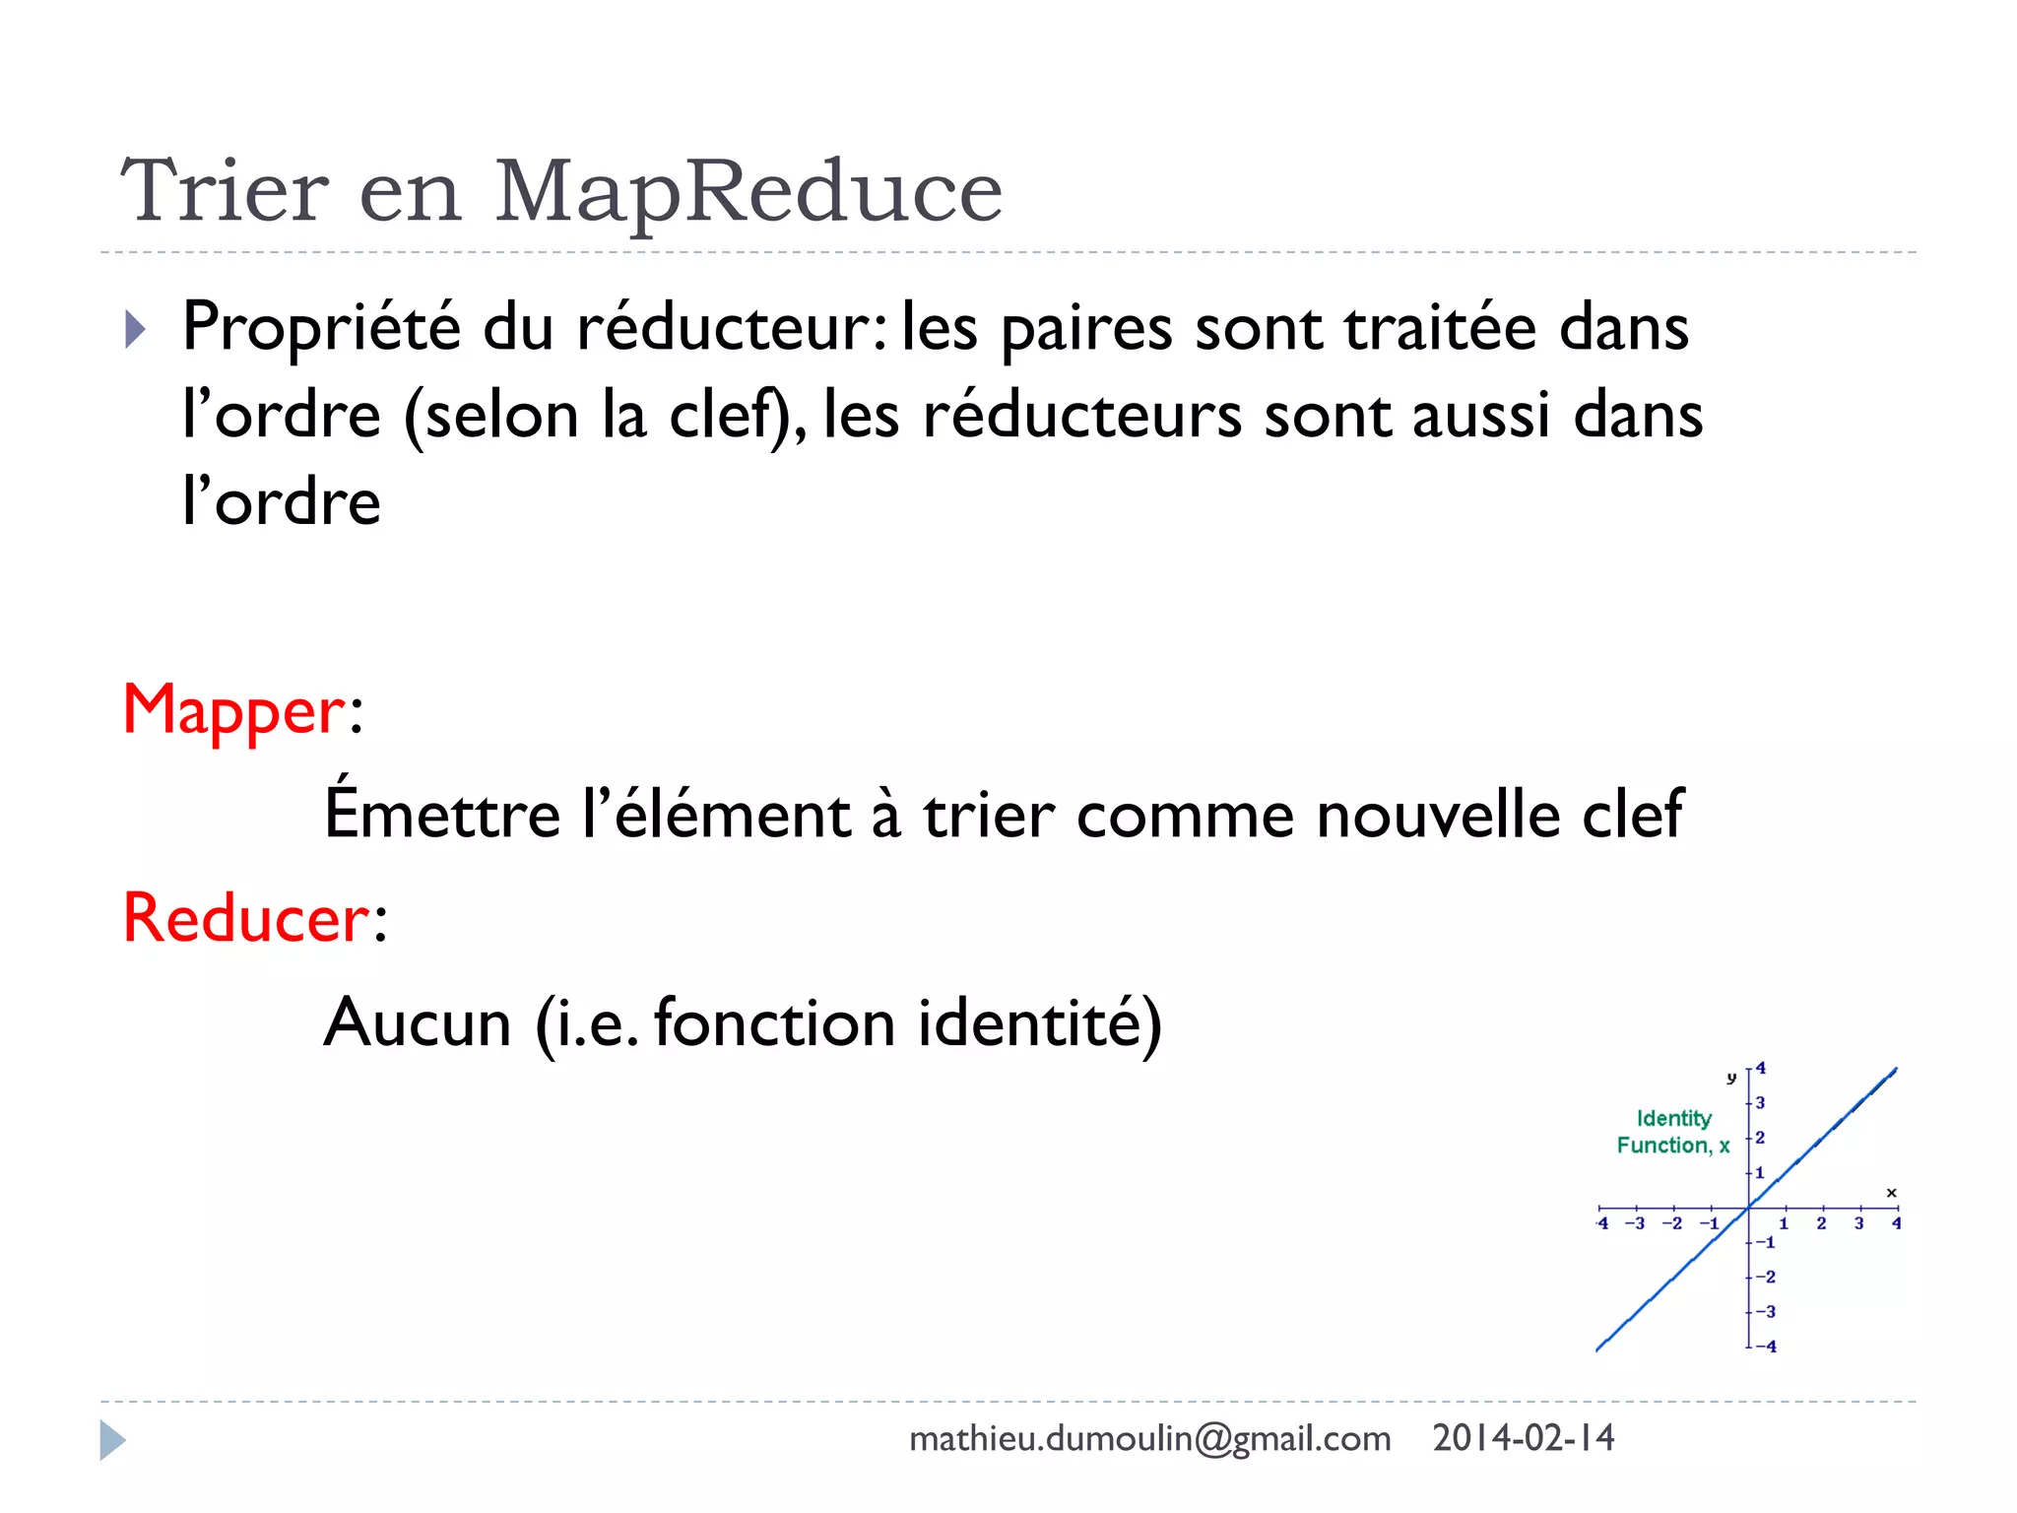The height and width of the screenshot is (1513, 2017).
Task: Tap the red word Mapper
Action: click(x=233, y=710)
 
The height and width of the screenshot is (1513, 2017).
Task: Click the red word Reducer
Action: click(x=246, y=918)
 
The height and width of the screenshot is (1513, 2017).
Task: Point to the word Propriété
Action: click(x=321, y=328)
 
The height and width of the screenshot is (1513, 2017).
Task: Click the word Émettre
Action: click(x=442, y=814)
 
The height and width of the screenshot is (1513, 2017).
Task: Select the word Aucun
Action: click(x=418, y=1022)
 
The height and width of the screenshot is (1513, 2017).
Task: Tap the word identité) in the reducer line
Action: click(x=1039, y=1022)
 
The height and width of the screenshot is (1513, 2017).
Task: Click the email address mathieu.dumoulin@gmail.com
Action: click(x=1149, y=1439)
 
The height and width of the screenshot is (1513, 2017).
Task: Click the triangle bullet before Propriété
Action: click(x=135, y=329)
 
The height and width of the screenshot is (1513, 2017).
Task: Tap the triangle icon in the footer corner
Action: click(x=112, y=1440)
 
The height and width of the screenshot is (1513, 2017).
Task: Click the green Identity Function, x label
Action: click(x=1672, y=1132)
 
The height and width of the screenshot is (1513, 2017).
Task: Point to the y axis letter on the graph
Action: click(x=1730, y=1078)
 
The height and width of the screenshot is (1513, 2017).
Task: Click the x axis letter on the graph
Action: click(x=1891, y=1193)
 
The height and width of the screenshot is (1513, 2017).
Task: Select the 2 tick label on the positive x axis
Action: click(x=1821, y=1224)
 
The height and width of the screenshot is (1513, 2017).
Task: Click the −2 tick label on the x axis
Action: click(x=1671, y=1224)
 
